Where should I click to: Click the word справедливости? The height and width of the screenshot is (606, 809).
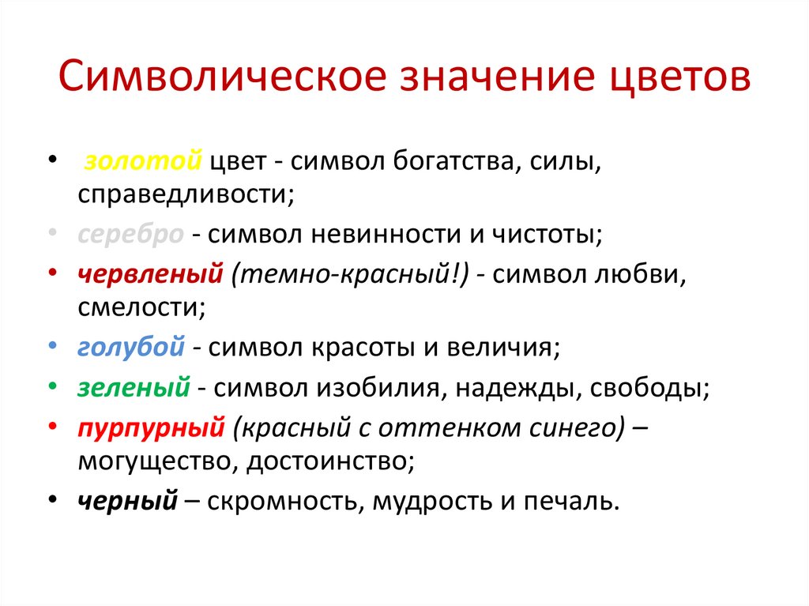186,194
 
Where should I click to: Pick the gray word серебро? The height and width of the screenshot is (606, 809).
131,234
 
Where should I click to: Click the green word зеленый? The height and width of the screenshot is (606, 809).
134,388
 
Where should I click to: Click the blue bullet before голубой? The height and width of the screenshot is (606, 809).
52,346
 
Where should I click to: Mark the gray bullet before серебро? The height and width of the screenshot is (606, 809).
52,234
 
